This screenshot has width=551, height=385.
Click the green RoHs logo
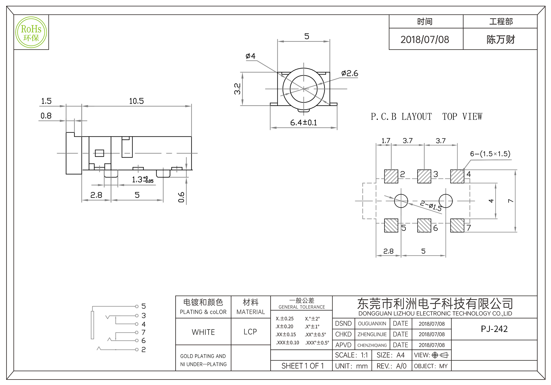coord(31,32)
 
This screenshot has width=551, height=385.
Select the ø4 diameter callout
coord(250,56)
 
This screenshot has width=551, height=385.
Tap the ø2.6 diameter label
coord(349,73)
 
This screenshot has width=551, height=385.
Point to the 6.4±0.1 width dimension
coord(303,123)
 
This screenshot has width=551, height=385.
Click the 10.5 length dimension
coord(136,101)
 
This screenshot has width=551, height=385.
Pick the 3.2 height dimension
coord(237,89)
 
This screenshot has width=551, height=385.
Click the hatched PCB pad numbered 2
coord(391,176)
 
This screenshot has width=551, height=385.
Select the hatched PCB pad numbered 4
coord(457,176)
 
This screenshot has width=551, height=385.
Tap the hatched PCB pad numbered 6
coord(424,226)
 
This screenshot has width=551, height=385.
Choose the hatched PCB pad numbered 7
coord(457,226)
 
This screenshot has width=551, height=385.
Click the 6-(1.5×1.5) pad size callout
coord(490,154)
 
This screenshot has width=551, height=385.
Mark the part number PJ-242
coord(494,329)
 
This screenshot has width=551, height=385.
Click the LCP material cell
coord(250,332)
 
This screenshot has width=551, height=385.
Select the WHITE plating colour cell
coord(203,332)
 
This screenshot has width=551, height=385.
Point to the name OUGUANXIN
coord(372,324)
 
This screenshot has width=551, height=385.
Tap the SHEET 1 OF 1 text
coord(302,366)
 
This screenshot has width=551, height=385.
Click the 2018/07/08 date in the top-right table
coord(425,40)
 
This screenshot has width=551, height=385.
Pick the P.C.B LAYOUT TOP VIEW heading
coord(426,117)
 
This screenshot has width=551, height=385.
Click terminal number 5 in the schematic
coord(144,306)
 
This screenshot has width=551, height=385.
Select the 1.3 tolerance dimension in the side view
coord(142,180)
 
